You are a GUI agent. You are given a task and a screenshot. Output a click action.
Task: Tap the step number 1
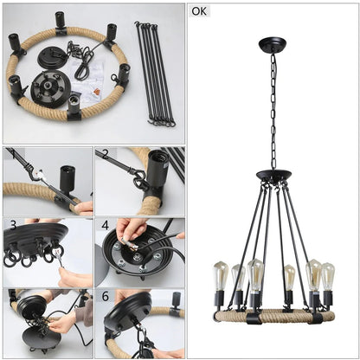click(10, 155)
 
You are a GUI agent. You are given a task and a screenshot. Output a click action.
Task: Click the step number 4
click(104, 225)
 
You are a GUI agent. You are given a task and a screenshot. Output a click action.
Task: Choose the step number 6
click(104, 296)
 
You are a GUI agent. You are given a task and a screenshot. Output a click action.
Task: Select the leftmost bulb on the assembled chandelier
click(220, 276)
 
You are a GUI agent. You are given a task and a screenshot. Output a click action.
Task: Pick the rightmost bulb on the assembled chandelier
click(327, 276)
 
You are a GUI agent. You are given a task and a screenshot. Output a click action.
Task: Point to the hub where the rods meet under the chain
click(273, 177)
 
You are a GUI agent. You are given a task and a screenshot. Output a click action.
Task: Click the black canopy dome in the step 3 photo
click(35, 236)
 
